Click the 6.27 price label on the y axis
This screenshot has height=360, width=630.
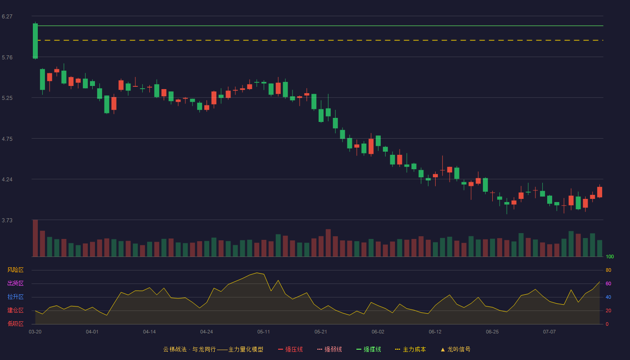tap(7, 17)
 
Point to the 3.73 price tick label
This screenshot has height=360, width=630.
tap(7, 220)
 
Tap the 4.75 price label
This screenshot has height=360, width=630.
tap(7, 139)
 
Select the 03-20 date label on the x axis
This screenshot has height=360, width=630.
tap(35, 332)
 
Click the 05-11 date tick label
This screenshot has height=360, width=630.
tap(264, 332)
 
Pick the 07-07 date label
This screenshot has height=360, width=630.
tap(549, 332)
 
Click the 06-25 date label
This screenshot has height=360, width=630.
tap(492, 332)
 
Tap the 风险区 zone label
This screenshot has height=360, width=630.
tap(15, 270)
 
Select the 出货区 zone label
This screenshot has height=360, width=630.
tap(15, 283)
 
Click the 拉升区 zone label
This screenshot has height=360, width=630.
tap(15, 297)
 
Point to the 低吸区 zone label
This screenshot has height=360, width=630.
tap(15, 324)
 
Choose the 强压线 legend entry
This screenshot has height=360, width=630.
tap(290, 349)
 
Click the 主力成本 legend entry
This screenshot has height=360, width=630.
tap(410, 349)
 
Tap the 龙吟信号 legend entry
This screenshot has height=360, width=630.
tap(455, 349)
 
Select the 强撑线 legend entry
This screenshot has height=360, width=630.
tap(369, 349)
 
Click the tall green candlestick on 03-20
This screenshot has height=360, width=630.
tap(35, 41)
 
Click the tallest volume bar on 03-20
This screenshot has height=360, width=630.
tap(35, 238)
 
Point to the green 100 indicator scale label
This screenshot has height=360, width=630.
tap(610, 256)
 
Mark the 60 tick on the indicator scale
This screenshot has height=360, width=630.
tap(608, 283)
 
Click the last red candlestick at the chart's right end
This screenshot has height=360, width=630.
tap(599, 192)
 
